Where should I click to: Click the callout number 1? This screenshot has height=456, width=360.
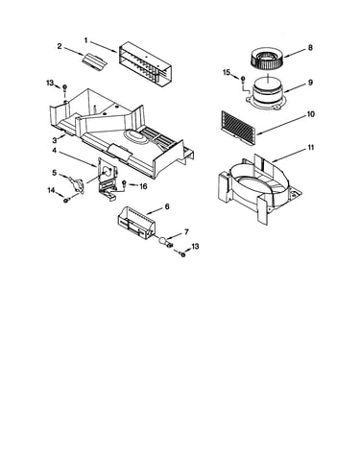[x=85, y=40]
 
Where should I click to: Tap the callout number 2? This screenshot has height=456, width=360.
[x=60, y=46]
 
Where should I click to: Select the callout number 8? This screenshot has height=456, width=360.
[x=310, y=48]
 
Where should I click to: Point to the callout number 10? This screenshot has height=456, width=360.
[x=311, y=114]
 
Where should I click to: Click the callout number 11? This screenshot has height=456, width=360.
[x=311, y=148]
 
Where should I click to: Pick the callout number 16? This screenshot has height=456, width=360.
[x=143, y=186]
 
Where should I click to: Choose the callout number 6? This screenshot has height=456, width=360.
[x=167, y=206]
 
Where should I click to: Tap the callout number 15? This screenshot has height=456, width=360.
[x=227, y=73]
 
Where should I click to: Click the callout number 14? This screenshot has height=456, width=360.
[x=51, y=190]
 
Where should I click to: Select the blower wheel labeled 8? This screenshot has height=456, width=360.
[x=267, y=59]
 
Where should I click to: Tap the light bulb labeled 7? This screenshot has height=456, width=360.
[x=163, y=241]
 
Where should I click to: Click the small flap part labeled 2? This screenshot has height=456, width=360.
[x=93, y=60]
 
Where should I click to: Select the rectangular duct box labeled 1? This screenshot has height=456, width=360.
[x=146, y=62]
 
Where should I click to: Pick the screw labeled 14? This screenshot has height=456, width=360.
[x=66, y=201]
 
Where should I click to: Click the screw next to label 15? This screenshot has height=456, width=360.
[x=243, y=79]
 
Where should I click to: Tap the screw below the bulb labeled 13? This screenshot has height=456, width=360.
[x=183, y=254]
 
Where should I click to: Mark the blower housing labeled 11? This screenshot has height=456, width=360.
[x=260, y=189]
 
